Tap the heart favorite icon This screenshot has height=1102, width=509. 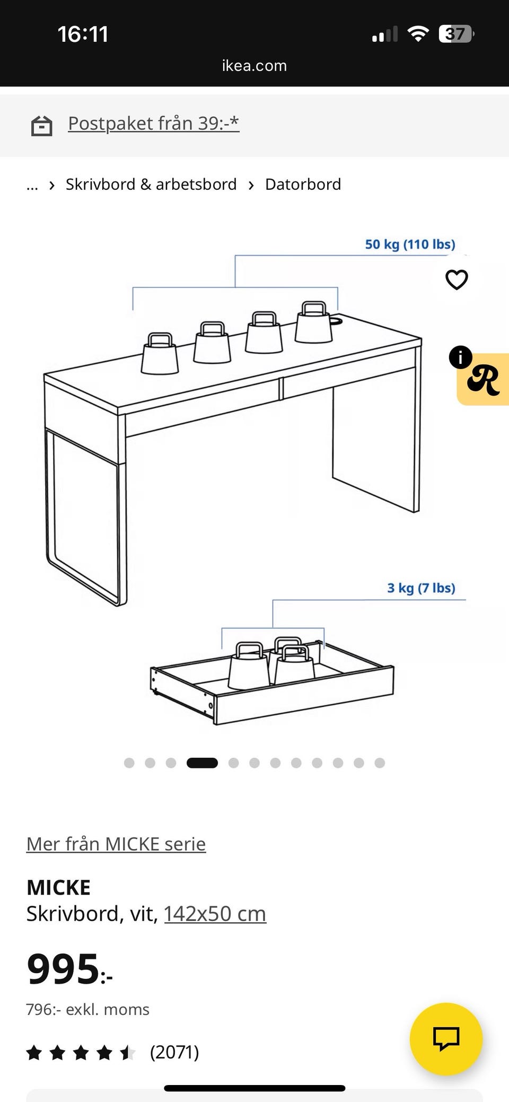pyautogui.click(x=457, y=279)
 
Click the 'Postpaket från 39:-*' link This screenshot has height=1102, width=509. pyautogui.click(x=154, y=123)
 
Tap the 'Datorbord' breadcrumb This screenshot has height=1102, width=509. pyautogui.click(x=303, y=184)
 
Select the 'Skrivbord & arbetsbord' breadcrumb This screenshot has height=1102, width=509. pyautogui.click(x=151, y=184)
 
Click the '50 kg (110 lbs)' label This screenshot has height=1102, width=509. pyautogui.click(x=410, y=244)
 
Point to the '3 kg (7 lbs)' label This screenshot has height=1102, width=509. pyautogui.click(x=421, y=588)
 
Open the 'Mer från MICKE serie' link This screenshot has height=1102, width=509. pyautogui.click(x=116, y=844)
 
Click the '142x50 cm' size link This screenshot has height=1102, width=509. pyautogui.click(x=215, y=914)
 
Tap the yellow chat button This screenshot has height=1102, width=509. pyautogui.click(x=446, y=1039)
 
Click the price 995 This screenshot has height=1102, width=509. pyautogui.click(x=63, y=969)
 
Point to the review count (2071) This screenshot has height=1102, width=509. pyautogui.click(x=174, y=1052)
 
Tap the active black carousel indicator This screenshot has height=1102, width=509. pyautogui.click(x=202, y=763)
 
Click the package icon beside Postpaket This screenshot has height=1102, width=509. pyautogui.click(x=41, y=126)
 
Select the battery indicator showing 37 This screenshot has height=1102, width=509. pyautogui.click(x=456, y=34)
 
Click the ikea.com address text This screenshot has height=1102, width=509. pyautogui.click(x=254, y=66)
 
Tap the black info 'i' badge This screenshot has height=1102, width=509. pyautogui.click(x=460, y=357)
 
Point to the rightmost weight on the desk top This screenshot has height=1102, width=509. pyautogui.click(x=314, y=322)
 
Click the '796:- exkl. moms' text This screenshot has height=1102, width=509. pyautogui.click(x=88, y=1009)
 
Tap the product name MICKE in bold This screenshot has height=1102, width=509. pyautogui.click(x=58, y=887)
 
